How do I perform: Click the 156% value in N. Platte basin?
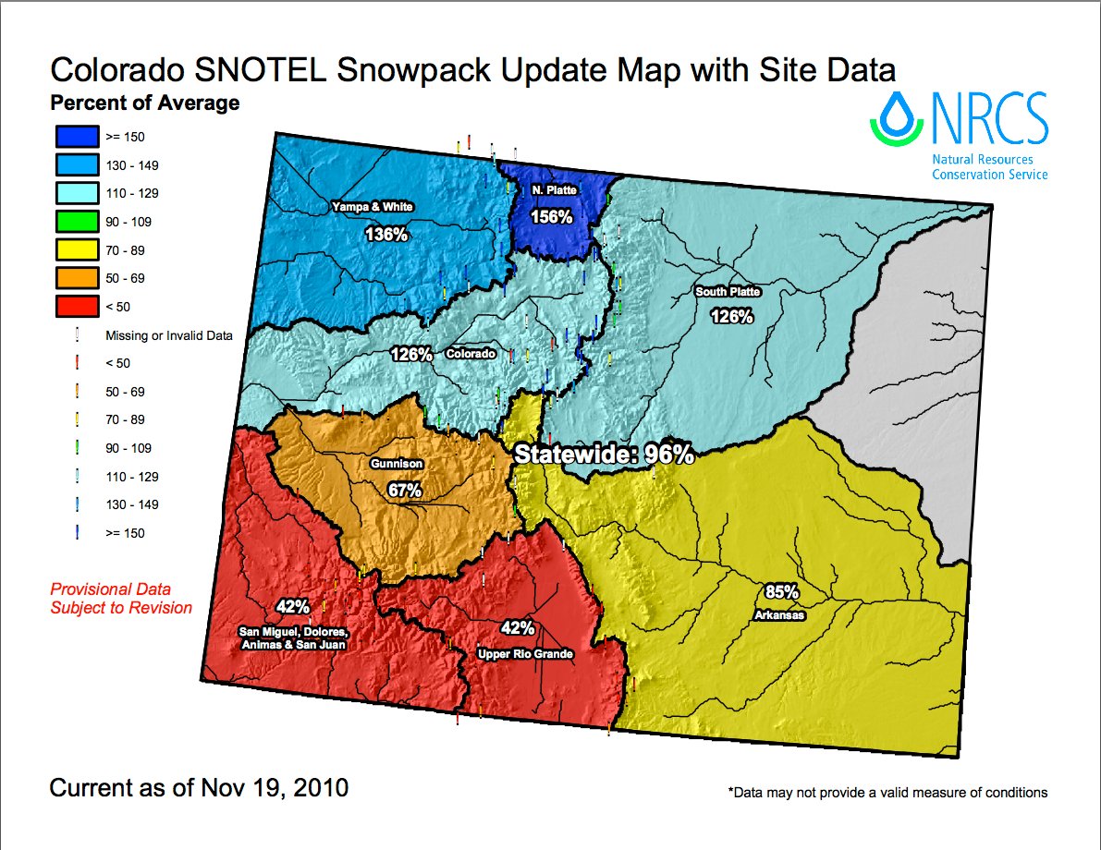(552, 216)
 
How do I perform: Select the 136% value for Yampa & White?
(386, 234)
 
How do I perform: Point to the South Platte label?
(728, 292)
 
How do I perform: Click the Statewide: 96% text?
(604, 454)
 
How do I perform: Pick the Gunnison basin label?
(398, 464)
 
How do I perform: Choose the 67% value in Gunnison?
(404, 490)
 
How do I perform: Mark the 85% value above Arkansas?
(781, 592)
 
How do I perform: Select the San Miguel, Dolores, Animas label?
(293, 637)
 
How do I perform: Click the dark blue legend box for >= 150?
(74, 137)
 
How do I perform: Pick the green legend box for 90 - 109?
(74, 222)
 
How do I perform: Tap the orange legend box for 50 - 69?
(74, 278)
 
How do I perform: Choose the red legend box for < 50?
(74, 306)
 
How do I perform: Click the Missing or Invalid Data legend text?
(168, 335)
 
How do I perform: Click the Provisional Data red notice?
(121, 598)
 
